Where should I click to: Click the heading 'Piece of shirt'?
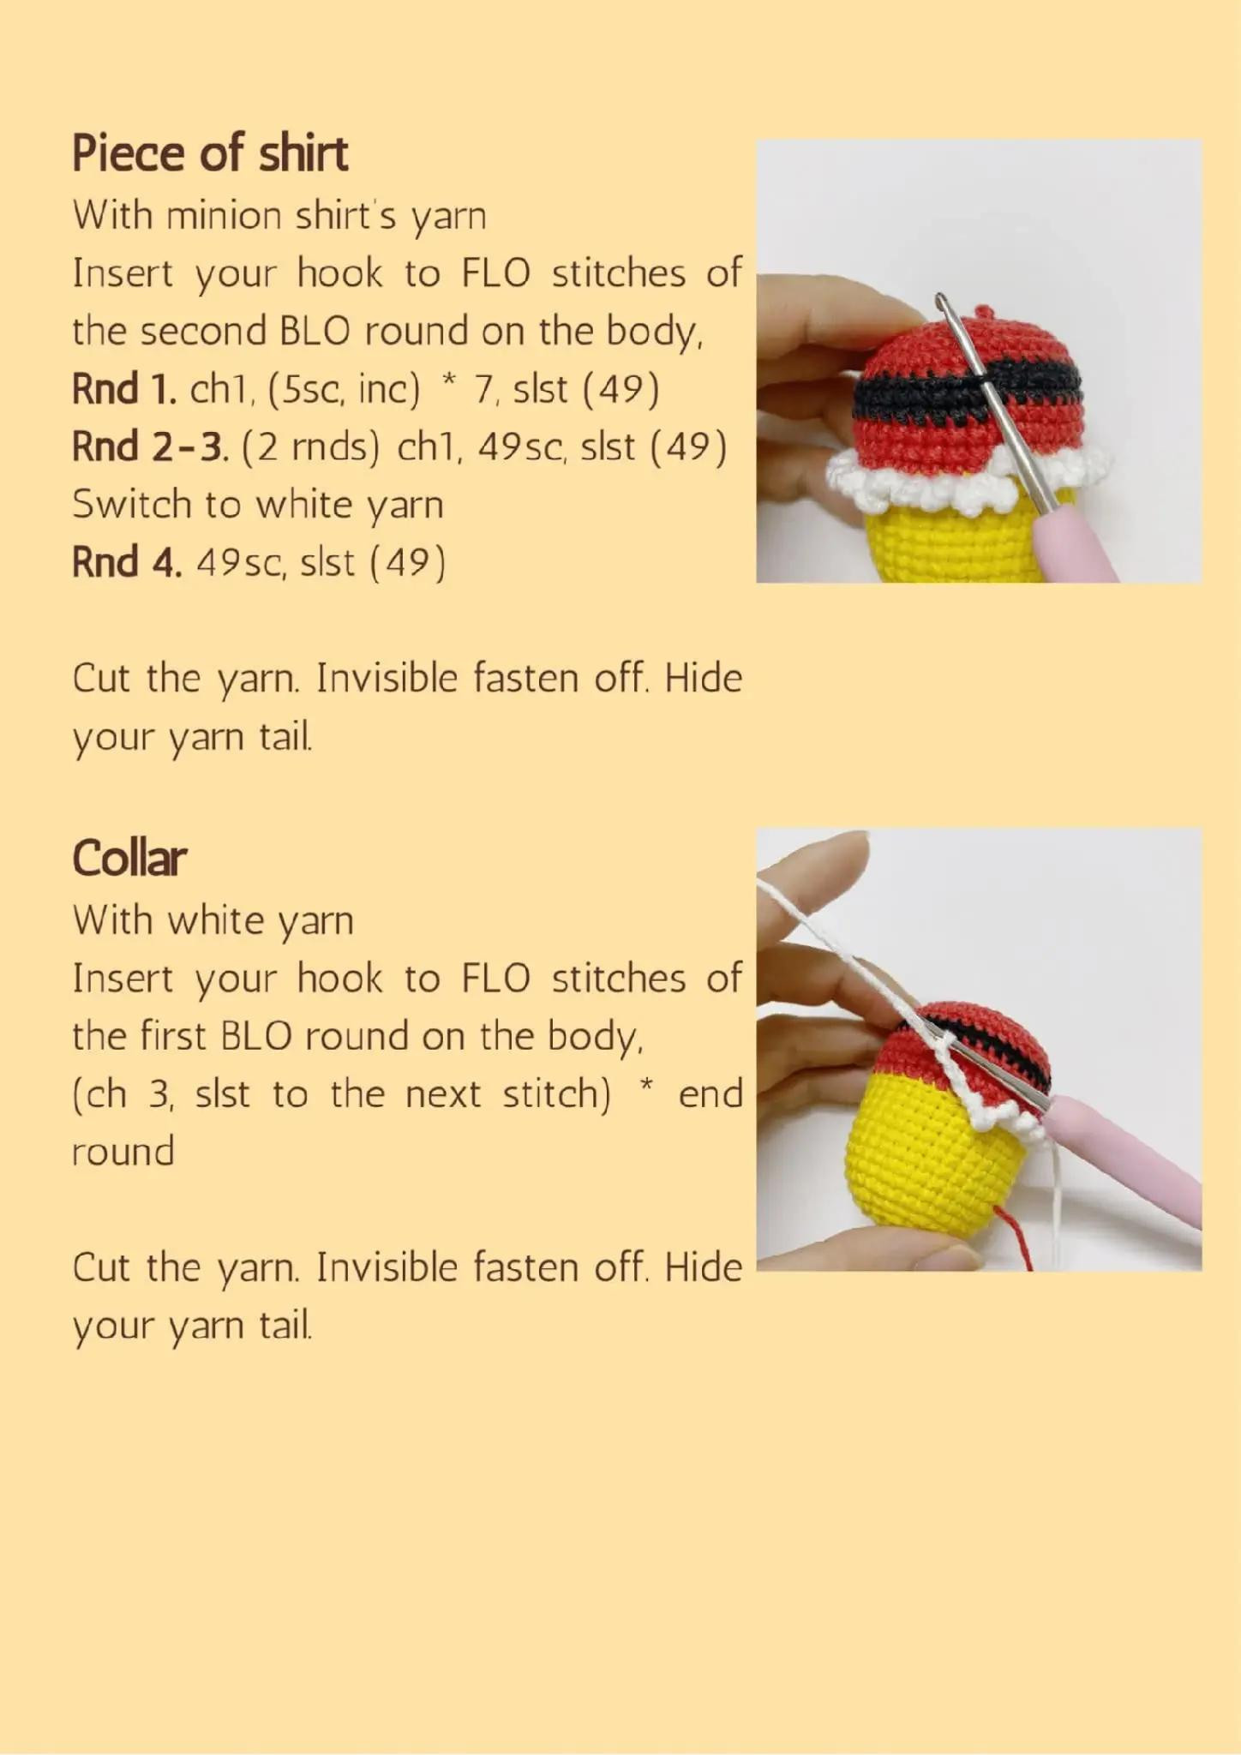pyautogui.click(x=210, y=154)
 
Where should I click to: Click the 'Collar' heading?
pyautogui.click(x=129, y=858)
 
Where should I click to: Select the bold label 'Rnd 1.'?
pyautogui.click(x=124, y=390)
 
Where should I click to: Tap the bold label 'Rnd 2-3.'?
pyautogui.click(x=150, y=447)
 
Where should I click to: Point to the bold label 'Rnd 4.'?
pyautogui.click(x=127, y=563)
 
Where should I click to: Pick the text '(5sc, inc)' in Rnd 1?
pyautogui.click(x=344, y=390)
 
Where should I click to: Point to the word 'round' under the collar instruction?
pyautogui.click(x=123, y=1152)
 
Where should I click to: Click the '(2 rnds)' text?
pyautogui.click(x=310, y=447)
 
